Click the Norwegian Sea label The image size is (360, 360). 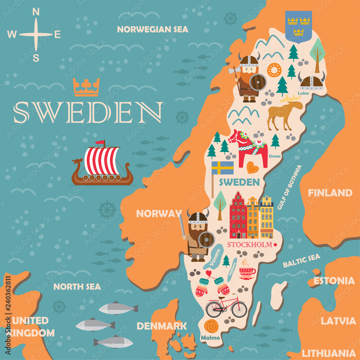point(153,30)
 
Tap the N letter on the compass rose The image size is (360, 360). point(36,12)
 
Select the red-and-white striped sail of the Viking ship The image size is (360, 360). point(102,161)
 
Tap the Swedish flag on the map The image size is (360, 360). point(222,168)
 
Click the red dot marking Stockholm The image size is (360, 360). point(275,244)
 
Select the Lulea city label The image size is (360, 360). point(303,93)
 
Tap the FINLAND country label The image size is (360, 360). point(330,193)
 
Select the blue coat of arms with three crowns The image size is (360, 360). point(298,26)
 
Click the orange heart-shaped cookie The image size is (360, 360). point(252,167)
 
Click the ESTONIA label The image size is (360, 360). point(334,281)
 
